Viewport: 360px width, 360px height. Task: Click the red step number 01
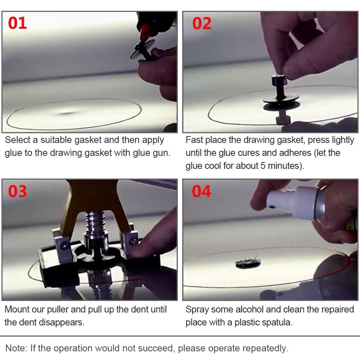pyautogui.click(x=17, y=23)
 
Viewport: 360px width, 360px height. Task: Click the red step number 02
pyautogui.click(x=202, y=23)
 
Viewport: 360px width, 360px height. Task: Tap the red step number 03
pyautogui.click(x=17, y=191)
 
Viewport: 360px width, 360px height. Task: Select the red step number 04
pyautogui.click(x=201, y=191)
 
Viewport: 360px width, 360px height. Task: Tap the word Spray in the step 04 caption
pyautogui.click(x=197, y=309)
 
